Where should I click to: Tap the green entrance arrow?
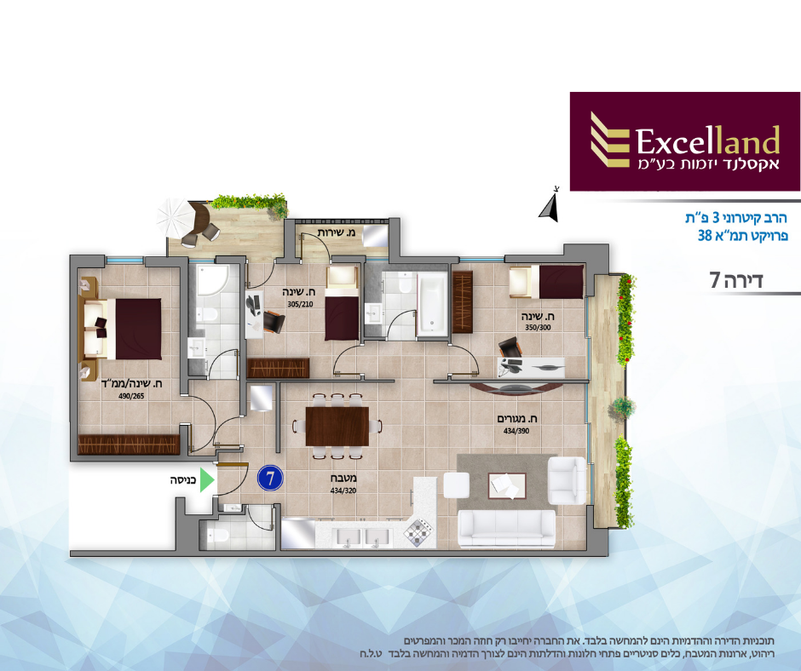coord(206,480)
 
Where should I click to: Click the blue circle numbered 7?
coord(270,479)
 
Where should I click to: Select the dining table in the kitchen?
coord(337,426)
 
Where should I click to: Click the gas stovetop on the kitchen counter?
coord(418,531)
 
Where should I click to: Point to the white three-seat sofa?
coord(506,529)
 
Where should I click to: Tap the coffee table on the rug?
coord(507,485)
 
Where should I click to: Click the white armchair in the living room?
coord(567,480)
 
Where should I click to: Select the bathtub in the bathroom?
coord(432,304)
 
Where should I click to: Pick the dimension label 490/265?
coord(130,396)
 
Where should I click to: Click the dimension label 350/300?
coord(538,327)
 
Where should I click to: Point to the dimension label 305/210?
coord(300,304)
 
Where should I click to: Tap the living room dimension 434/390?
coord(516,431)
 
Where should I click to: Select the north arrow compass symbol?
coord(549,205)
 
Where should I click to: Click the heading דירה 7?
coord(736,280)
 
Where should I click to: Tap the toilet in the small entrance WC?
coord(218,535)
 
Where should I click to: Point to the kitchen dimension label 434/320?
coord(343,490)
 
